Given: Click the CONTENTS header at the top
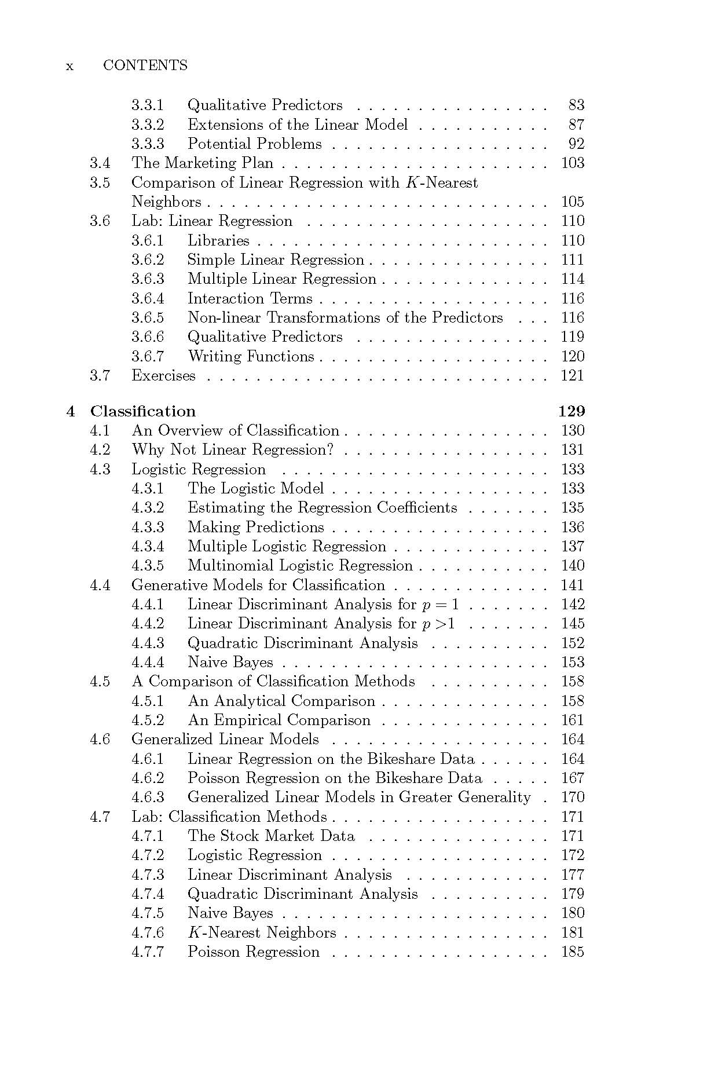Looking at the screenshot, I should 145,65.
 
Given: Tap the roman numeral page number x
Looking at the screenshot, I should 70,66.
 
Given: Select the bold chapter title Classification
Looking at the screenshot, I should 143,411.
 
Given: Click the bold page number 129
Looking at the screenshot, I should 572,411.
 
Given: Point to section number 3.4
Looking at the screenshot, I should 100,163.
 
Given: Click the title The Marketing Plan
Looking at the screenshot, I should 202,163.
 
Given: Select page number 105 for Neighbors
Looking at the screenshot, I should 572,202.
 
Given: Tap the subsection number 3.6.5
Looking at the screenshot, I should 148,318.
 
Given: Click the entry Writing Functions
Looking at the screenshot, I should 251,357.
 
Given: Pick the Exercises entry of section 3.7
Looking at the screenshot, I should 163,376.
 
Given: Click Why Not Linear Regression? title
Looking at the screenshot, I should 233,450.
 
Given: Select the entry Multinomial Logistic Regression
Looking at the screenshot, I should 300,566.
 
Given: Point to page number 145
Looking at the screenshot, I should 572,624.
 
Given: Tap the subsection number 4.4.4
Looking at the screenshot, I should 148,663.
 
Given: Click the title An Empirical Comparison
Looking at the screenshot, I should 279,720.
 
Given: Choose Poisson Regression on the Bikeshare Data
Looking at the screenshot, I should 335,778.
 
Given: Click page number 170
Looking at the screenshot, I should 572,797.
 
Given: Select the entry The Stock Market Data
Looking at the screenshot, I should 271,836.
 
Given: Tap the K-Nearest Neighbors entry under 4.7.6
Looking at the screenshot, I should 262,933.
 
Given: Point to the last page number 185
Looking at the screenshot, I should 572,952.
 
